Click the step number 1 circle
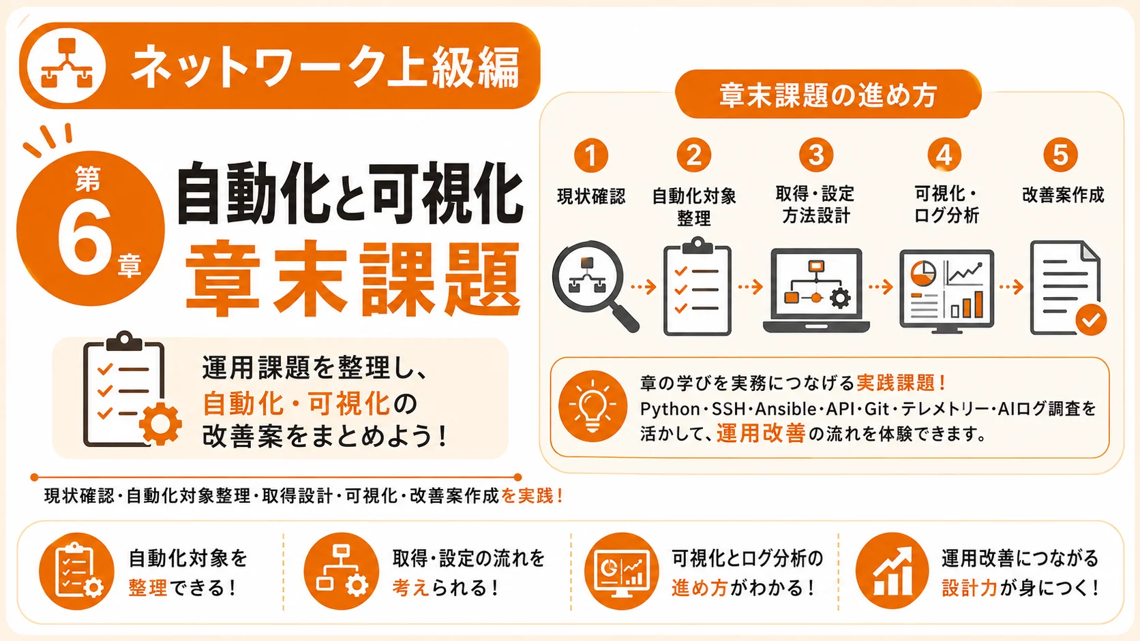[591, 155]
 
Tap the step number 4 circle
[944, 155]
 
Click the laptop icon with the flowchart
[816, 290]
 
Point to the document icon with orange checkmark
[1068, 288]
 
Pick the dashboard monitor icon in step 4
[946, 292]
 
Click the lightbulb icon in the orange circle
[592, 406]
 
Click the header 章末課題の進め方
[828, 95]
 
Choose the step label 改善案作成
[1063, 195]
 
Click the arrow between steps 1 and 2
[644, 287]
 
